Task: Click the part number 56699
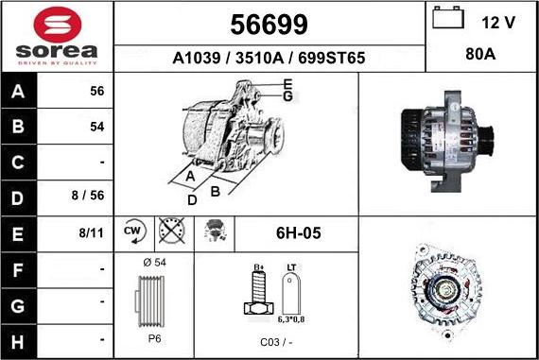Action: pos(269,24)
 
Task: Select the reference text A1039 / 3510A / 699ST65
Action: pos(269,58)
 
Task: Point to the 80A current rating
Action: pos(481,55)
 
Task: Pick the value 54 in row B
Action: pos(96,126)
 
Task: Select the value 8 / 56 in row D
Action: pos(90,196)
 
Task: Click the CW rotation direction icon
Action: pos(132,231)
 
